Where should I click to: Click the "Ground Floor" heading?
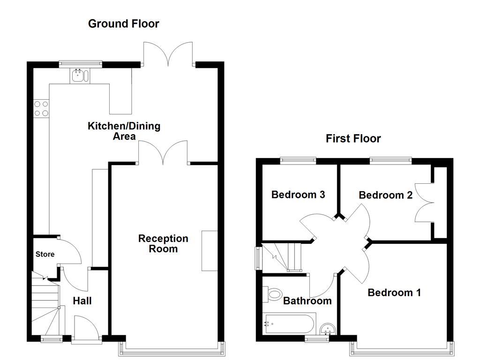tap(124, 23)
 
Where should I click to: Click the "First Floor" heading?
tap(353, 138)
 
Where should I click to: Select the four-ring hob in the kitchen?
tap(41, 109)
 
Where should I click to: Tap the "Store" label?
tap(45, 254)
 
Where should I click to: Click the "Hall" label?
tap(82, 301)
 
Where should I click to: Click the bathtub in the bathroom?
tap(288, 323)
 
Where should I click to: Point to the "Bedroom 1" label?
tap(394, 292)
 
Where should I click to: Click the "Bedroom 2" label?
tap(385, 195)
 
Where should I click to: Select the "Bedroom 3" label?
tap(298, 194)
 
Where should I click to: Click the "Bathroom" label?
tap(307, 301)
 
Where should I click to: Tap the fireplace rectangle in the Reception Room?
tap(210, 250)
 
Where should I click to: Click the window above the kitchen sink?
tap(80, 63)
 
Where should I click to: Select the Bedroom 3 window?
tap(298, 160)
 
